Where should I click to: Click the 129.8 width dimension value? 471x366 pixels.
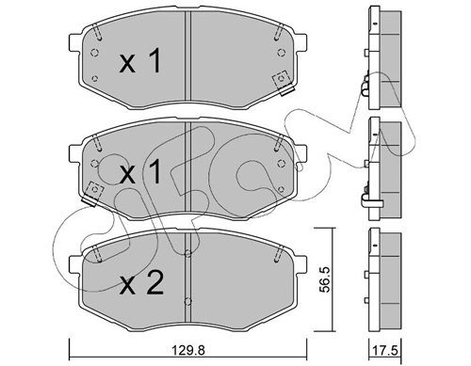[x=188, y=350]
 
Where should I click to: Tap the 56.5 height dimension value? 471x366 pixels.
[x=326, y=279]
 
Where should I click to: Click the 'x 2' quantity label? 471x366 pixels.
[x=141, y=283]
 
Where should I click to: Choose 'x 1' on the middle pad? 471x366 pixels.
[x=140, y=172]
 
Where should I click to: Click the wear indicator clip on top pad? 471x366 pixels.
[x=284, y=83]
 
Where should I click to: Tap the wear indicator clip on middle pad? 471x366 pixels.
[x=92, y=194]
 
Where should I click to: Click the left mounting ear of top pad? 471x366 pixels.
[x=75, y=43]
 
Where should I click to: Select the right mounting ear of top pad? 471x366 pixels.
[x=300, y=43]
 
